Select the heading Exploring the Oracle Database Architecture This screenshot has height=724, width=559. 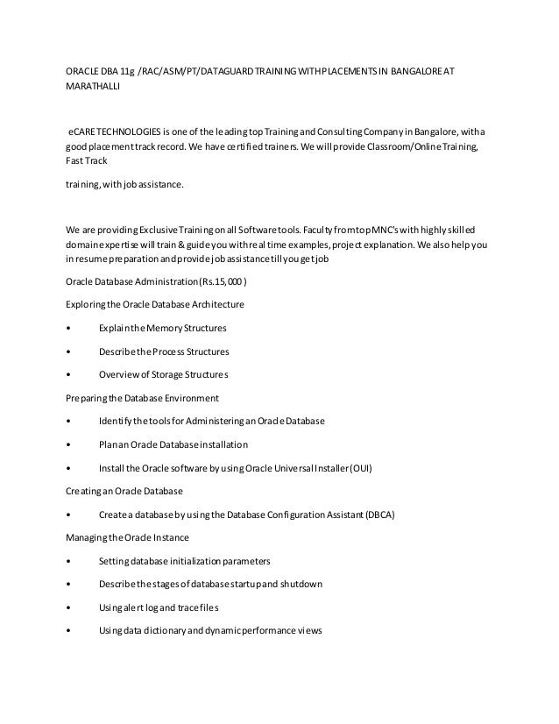(x=155, y=305)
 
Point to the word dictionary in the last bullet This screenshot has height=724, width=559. (x=165, y=630)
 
